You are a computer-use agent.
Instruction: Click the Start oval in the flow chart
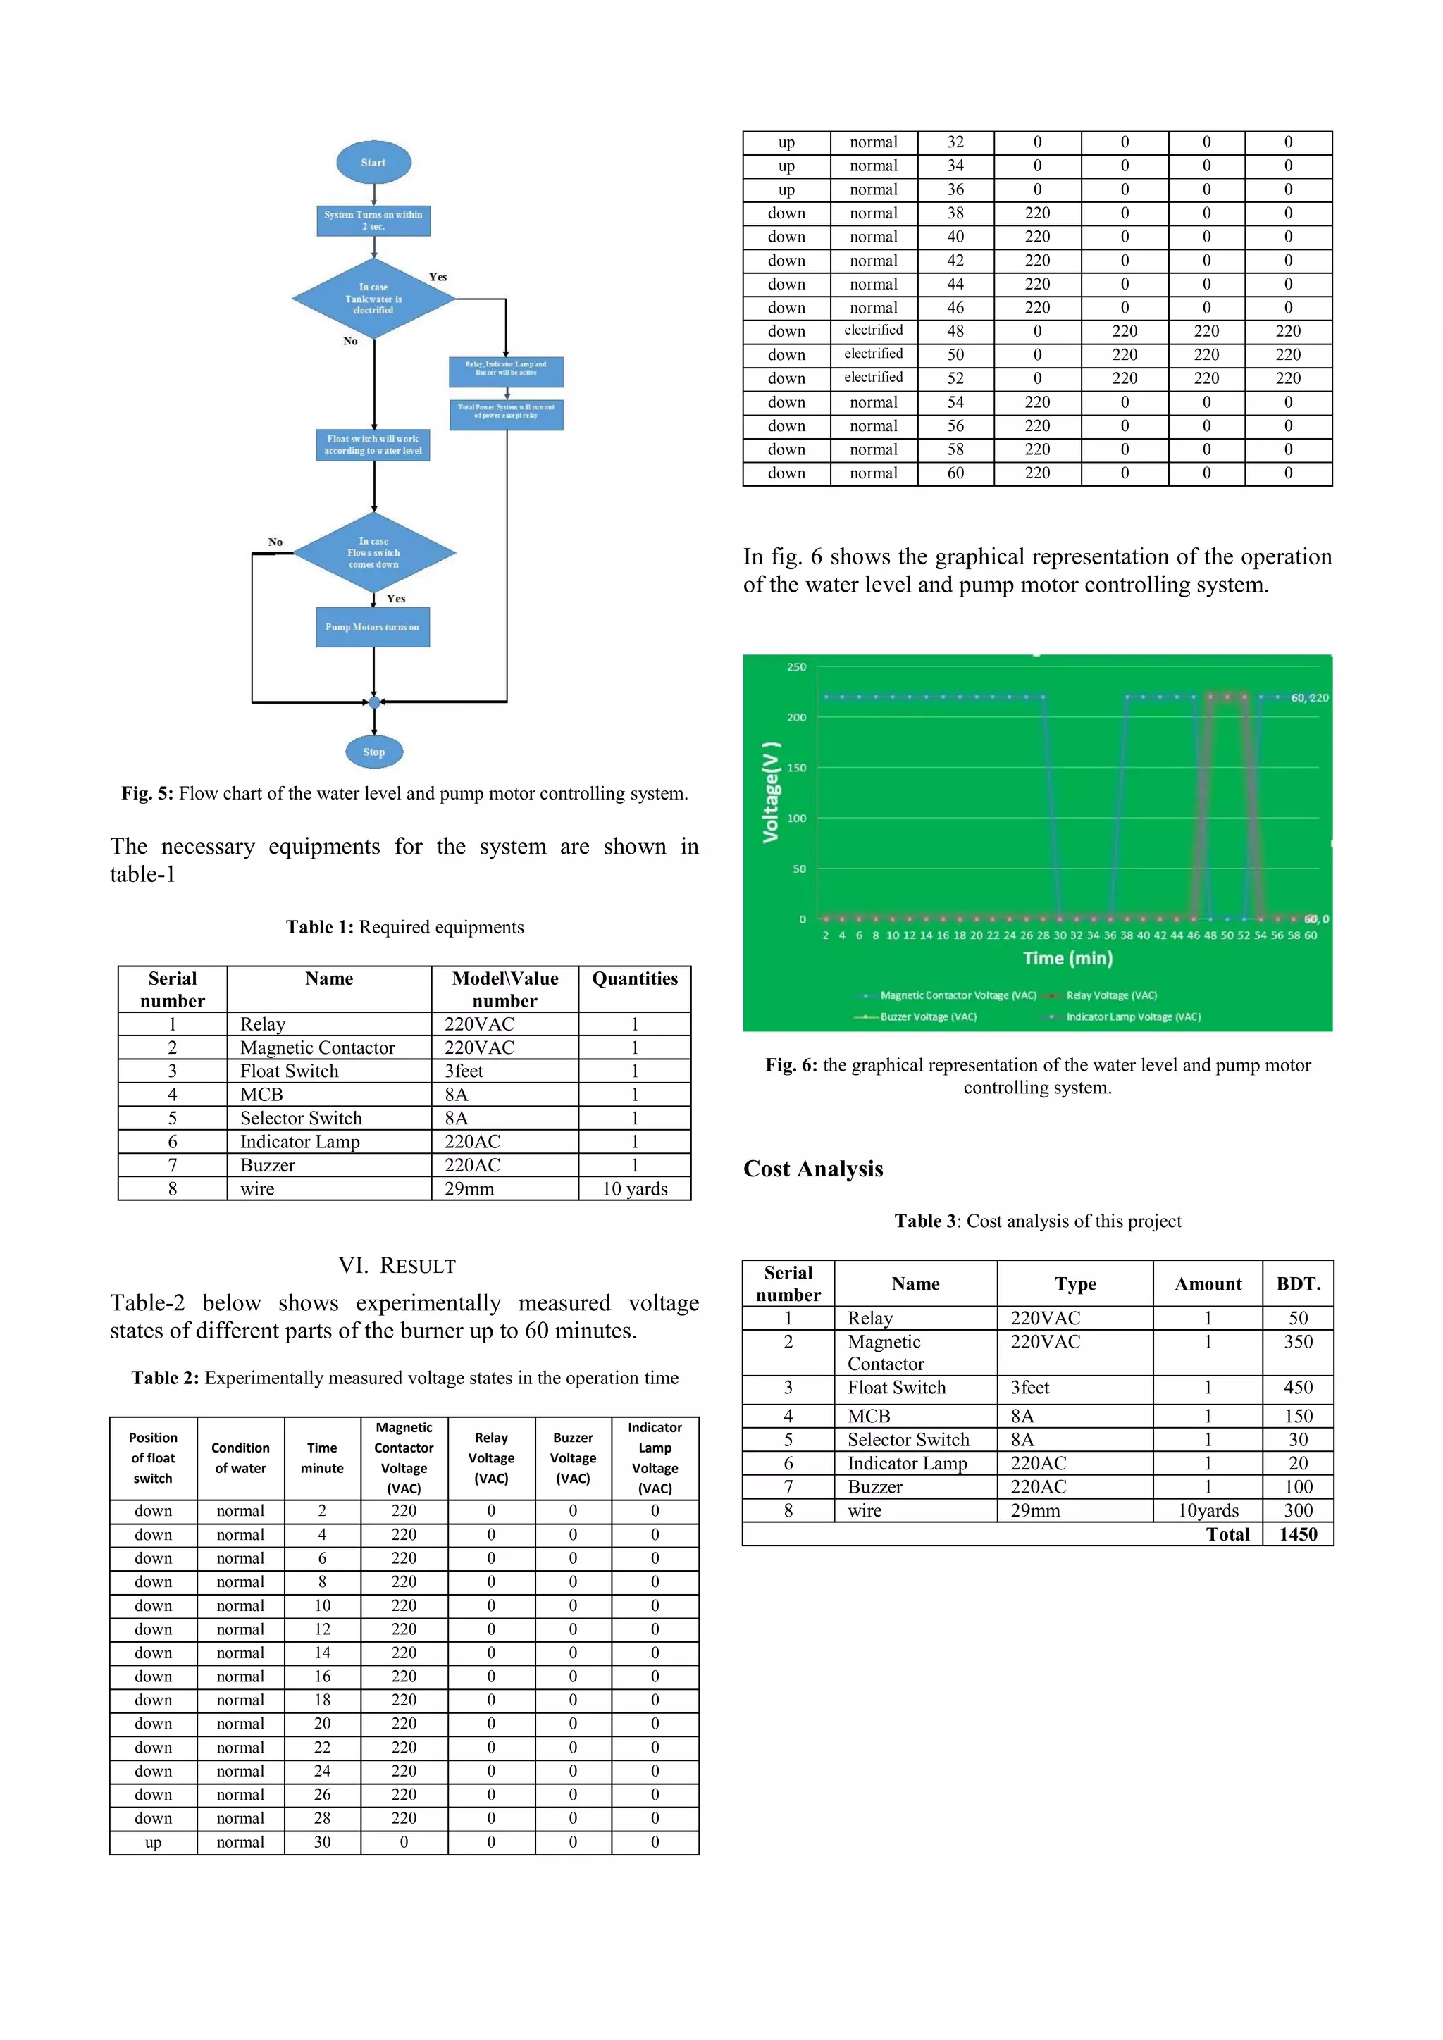[x=373, y=163]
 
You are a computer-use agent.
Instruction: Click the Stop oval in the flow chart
[x=374, y=752]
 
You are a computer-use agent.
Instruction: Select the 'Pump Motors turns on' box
[x=372, y=627]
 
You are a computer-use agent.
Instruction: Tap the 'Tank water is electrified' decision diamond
[x=373, y=299]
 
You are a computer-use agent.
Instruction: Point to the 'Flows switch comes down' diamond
[x=373, y=553]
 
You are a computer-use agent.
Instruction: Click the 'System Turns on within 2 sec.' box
[x=373, y=220]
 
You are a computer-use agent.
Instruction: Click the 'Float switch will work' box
[x=373, y=445]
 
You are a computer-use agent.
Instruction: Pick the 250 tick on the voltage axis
[x=796, y=666]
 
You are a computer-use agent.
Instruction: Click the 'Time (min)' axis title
[x=1067, y=958]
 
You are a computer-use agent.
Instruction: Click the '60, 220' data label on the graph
[x=1309, y=697]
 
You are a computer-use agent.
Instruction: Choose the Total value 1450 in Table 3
[x=1297, y=1534]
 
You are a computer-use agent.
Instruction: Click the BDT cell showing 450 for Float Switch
[x=1297, y=1388]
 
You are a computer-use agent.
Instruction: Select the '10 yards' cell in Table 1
[x=634, y=1189]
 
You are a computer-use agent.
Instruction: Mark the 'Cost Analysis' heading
[x=813, y=1169]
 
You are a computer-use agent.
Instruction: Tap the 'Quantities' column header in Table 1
[x=634, y=979]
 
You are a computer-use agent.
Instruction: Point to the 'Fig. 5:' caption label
[x=147, y=793]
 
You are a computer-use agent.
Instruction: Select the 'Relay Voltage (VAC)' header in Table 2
[x=490, y=1458]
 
